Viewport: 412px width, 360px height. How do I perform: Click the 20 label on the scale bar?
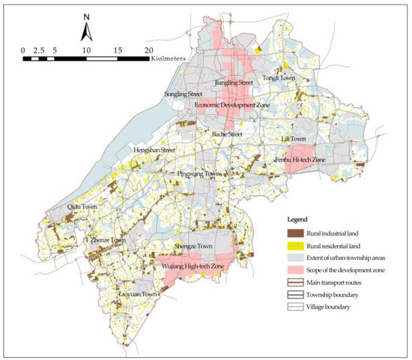(148, 49)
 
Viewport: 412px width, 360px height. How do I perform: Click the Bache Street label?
(228, 134)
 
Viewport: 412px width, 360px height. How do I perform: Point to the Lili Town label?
(293, 139)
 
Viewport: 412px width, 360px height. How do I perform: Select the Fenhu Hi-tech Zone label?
(300, 159)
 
